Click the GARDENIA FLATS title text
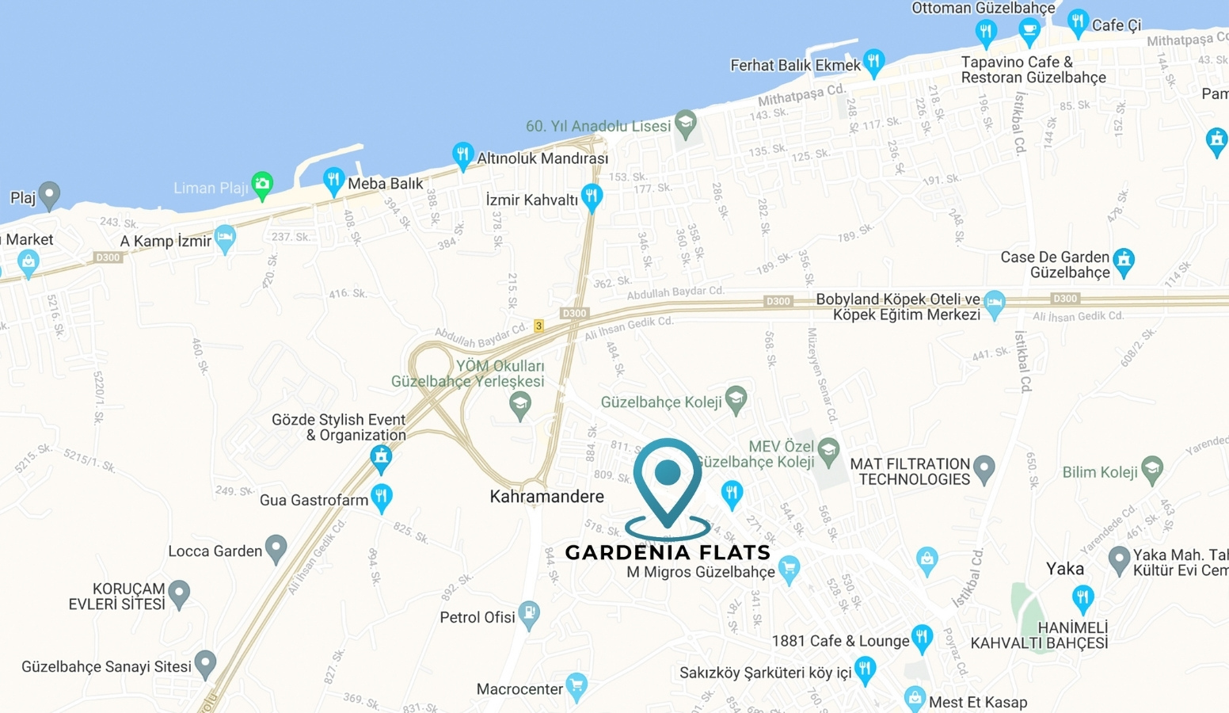[668, 552]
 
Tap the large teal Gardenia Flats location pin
[668, 475]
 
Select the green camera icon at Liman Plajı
[262, 185]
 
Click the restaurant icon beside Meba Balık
[333, 180]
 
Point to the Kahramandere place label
[546, 497]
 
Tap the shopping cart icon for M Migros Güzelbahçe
[789, 568]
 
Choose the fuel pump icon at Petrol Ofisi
[529, 614]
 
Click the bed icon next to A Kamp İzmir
[226, 237]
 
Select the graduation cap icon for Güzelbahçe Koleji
[736, 399]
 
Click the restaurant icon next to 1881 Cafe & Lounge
[922, 637]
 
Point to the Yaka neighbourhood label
[1064, 569]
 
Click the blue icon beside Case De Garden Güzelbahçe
[1124, 261]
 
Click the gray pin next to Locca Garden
[276, 547]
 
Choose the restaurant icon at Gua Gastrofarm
[382, 497]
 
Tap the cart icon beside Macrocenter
[576, 685]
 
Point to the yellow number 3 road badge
[538, 326]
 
